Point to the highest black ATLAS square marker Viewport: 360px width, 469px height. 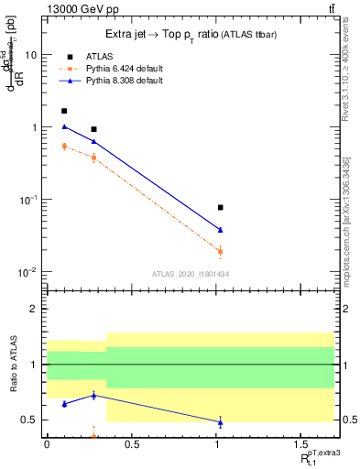[64, 111]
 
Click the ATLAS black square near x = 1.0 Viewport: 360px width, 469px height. [220, 208]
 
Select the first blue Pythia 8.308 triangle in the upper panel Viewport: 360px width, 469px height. [64, 126]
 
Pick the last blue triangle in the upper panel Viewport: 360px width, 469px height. [220, 230]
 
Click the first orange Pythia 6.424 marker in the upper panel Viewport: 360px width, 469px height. [64, 146]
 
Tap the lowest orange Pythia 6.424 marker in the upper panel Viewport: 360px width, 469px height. [220, 251]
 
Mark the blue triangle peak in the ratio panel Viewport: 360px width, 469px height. [93, 395]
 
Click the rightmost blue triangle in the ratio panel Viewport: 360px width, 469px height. [220, 422]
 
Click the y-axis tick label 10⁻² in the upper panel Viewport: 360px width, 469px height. [27, 272]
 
